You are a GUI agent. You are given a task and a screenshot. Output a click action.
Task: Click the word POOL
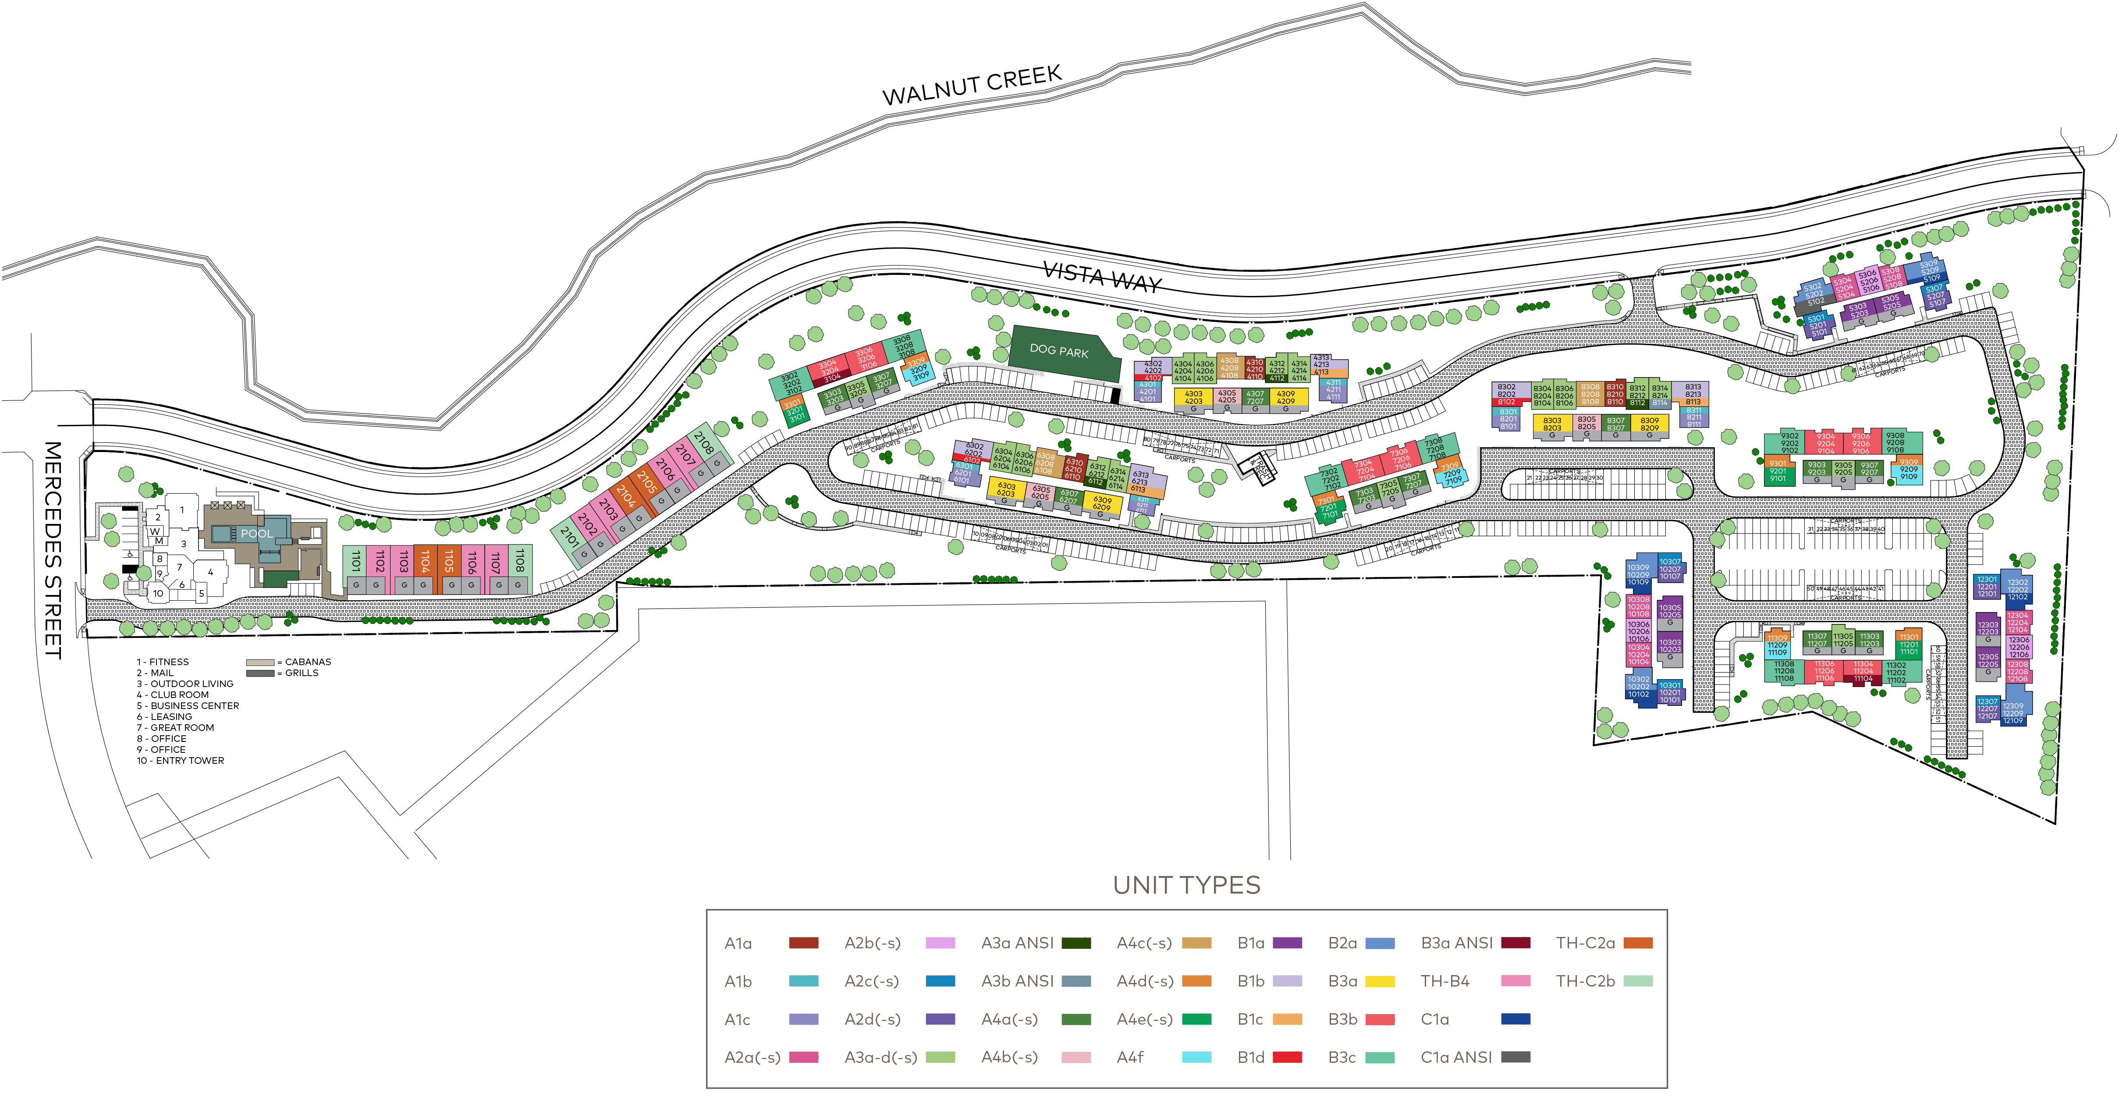257,533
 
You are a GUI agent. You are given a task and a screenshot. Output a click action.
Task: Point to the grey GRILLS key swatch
260,673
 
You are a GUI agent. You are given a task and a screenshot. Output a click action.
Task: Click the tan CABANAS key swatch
260,662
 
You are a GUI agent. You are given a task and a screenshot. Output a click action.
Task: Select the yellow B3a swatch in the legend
1380,981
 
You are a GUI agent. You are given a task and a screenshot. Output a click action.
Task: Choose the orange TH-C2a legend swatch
1638,943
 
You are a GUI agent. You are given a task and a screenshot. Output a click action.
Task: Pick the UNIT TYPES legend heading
1186,886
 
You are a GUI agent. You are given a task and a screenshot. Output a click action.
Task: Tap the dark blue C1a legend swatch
1515,1019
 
